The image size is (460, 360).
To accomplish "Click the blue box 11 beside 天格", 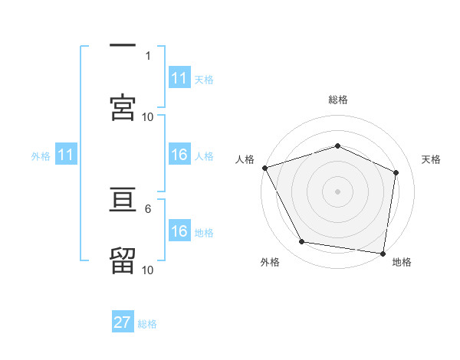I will pos(179,78).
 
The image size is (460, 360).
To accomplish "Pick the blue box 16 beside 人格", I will pos(179,155).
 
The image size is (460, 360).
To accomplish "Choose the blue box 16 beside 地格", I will pos(179,231).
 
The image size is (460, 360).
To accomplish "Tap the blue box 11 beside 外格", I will pos(66,155).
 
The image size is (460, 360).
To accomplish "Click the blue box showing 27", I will pos(123,322).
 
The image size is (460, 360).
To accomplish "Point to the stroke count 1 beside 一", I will pos(148,55).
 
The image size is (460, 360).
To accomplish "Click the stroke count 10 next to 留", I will pos(148,270).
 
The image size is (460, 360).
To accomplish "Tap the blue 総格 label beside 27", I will pos(147,324).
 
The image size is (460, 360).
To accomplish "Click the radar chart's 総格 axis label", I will pos(337,100).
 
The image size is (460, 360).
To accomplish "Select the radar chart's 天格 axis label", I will pos(432,159).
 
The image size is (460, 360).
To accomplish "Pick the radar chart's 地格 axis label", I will pos(402,263).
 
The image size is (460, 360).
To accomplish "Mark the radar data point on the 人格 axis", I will pos(264,168).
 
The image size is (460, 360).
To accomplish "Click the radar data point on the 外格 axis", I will pos(302,242).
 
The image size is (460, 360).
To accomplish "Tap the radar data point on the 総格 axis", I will pos(337,146).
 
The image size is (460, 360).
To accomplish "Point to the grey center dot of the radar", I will pos(337,191).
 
